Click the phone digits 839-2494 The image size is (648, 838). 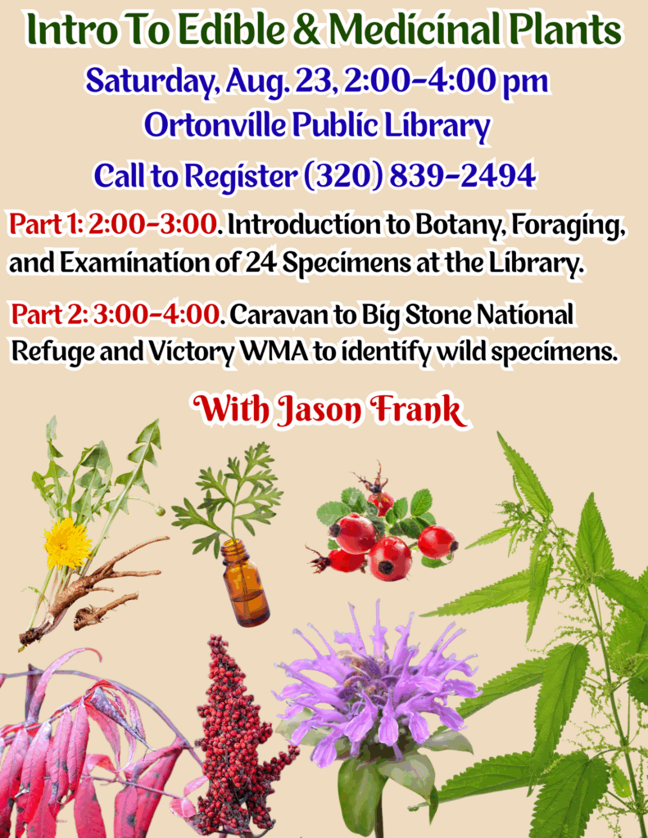point(462,175)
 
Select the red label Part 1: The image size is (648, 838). point(45,224)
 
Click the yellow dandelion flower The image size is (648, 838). point(67,543)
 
